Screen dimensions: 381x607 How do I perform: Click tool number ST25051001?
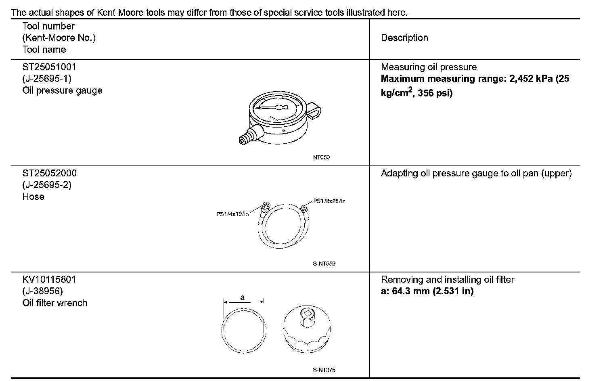[49, 67]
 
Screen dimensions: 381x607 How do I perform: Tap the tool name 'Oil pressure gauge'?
[62, 90]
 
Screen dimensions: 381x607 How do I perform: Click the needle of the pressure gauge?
[272, 108]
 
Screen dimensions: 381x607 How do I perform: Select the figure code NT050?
[321, 157]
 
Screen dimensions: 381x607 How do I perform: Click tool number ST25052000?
[49, 173]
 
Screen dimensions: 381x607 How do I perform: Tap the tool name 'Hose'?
[33, 197]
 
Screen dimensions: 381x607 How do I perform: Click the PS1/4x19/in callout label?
[232, 214]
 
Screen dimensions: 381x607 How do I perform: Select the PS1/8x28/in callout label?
[329, 201]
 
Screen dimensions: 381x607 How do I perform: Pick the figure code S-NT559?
[324, 264]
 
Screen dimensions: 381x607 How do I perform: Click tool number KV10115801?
[49, 279]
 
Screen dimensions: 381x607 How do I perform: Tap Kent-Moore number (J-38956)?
[43, 291]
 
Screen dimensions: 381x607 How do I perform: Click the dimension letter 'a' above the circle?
[243, 298]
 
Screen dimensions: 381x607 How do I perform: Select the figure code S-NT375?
[324, 370]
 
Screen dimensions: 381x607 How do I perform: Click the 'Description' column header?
[404, 38]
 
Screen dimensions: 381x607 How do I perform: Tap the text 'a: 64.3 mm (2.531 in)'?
[427, 291]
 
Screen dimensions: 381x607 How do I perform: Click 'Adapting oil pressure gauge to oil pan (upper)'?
[476, 174]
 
